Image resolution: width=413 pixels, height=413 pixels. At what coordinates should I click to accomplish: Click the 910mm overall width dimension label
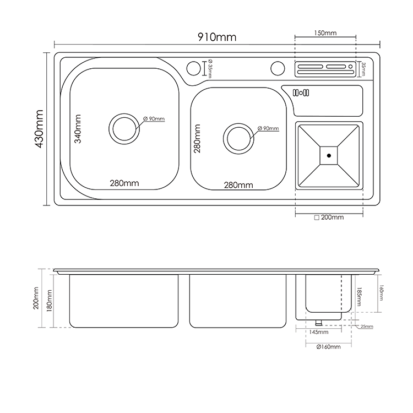click(x=217, y=37)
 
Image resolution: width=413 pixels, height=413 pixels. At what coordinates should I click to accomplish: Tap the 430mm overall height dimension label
click(x=39, y=129)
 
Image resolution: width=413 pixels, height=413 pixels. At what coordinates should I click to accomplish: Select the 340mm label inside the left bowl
click(x=78, y=129)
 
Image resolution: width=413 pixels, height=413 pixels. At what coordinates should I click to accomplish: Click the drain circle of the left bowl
click(x=124, y=129)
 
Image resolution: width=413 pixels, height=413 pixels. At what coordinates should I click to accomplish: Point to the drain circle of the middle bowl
click(x=238, y=139)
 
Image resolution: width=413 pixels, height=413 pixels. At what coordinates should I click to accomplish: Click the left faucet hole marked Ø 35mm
click(x=194, y=68)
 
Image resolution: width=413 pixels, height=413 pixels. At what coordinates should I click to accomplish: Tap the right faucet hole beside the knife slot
click(x=278, y=68)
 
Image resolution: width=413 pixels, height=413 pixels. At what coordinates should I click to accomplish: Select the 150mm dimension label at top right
click(x=325, y=33)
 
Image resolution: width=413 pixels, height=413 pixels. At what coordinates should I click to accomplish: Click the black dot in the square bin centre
click(x=329, y=156)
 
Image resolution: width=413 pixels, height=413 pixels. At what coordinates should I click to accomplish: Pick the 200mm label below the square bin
click(x=329, y=218)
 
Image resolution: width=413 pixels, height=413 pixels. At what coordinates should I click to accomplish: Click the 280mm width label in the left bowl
click(x=124, y=183)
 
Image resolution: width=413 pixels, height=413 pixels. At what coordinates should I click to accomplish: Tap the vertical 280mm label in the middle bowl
click(x=197, y=139)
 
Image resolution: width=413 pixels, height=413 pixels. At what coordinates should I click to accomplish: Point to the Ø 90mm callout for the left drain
click(x=154, y=119)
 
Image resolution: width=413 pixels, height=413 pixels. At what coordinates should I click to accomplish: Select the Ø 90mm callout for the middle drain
click(x=268, y=128)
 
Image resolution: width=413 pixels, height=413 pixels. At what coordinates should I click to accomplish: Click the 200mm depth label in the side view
click(x=36, y=298)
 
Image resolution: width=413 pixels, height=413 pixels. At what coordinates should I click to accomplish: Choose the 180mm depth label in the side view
click(x=49, y=301)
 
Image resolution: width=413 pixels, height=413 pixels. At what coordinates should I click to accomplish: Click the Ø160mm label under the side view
click(x=328, y=347)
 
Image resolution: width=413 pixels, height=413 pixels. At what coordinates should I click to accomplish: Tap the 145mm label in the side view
click(x=319, y=332)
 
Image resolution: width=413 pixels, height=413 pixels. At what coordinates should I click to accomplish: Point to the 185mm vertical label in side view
click(x=358, y=297)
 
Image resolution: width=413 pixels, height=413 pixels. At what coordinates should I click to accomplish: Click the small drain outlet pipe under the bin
click(x=319, y=322)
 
